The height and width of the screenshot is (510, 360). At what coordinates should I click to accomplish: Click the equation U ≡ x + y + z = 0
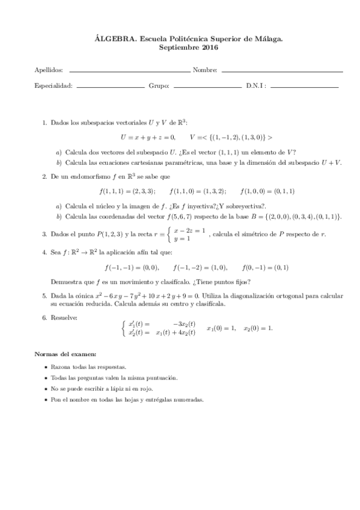point(147,137)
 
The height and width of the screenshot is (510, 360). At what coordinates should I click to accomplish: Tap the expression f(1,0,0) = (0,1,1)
point(267,191)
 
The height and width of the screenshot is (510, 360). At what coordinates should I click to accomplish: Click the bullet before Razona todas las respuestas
point(47,366)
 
